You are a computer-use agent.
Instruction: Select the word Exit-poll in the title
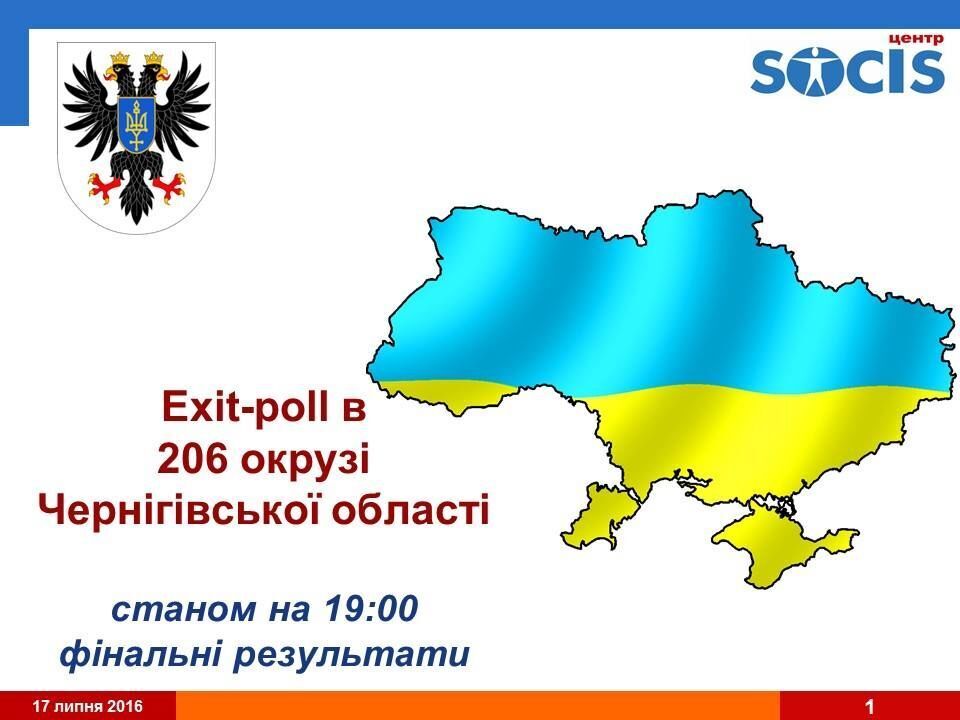coord(245,408)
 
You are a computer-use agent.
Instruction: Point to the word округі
coord(305,462)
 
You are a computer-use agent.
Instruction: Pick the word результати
coord(352,656)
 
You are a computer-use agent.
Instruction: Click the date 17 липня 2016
coord(88,706)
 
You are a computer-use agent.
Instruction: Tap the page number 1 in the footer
coord(869,707)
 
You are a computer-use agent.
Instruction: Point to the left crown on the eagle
coord(120,59)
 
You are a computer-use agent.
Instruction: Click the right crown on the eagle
coord(154,59)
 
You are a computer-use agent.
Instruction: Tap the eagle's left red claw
coord(102,186)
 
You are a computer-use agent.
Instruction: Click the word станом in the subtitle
coord(184,610)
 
